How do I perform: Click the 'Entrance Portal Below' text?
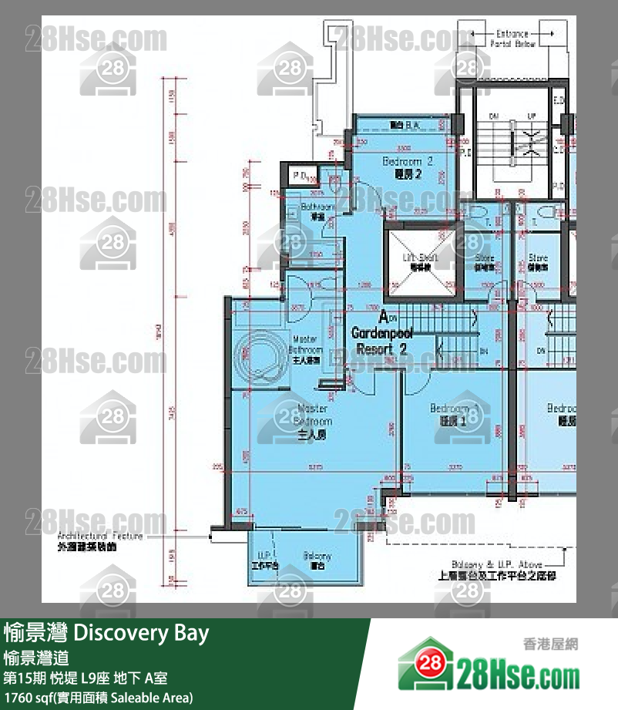[x=512, y=39]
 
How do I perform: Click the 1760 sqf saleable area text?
[x=98, y=698]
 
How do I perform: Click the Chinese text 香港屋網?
[x=549, y=644]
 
